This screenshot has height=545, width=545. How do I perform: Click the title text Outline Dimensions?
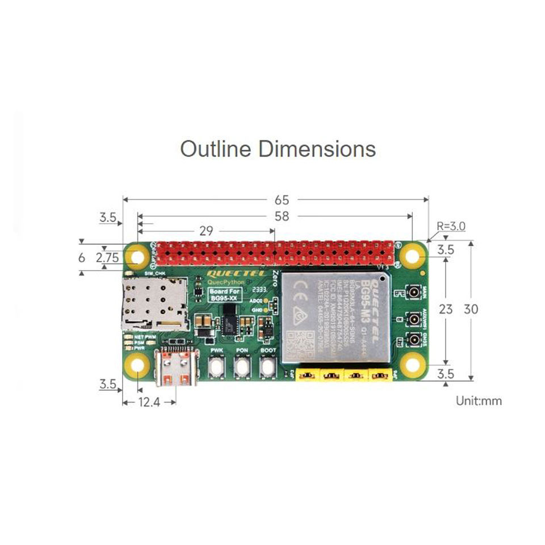278,149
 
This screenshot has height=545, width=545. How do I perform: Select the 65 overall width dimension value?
282,200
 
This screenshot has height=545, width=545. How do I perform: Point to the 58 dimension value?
282,216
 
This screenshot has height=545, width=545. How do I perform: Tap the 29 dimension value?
206,231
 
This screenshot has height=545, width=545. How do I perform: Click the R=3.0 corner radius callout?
451,226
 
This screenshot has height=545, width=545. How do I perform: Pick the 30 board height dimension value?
471,309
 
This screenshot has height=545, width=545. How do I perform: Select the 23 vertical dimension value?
446,309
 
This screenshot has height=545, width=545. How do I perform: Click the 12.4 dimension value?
149,403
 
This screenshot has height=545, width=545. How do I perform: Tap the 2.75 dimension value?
107,258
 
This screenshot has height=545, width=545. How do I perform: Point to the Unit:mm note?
479,401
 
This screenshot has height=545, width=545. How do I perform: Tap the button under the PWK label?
216,368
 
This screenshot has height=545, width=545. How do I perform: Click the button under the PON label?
242,368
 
